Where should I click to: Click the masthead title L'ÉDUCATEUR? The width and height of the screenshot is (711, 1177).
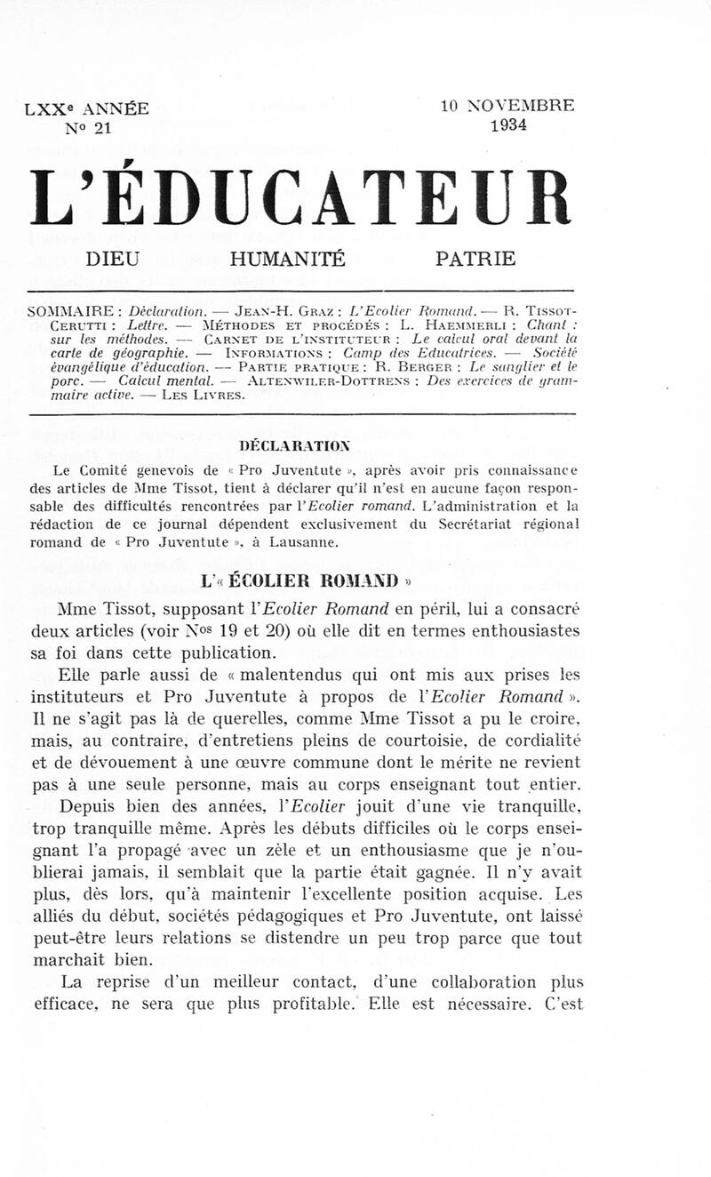point(299,196)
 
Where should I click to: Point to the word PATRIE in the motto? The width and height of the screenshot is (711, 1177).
point(475,260)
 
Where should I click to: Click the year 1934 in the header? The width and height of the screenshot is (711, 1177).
point(507,125)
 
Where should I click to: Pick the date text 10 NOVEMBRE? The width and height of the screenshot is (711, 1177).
point(507,106)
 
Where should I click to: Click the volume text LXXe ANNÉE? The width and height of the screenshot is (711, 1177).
point(87,109)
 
